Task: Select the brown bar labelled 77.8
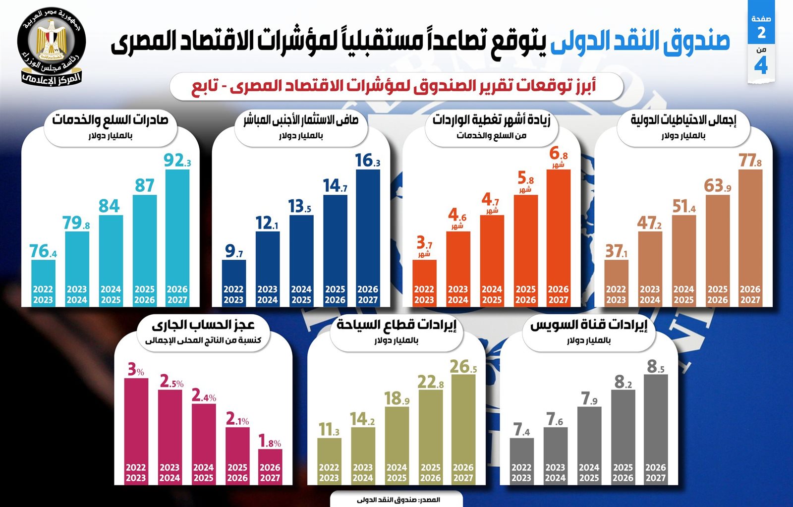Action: (x=750, y=233)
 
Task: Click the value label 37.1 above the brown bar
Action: (x=616, y=251)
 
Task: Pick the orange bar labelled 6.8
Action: (x=559, y=233)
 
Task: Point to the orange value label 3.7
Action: (x=424, y=244)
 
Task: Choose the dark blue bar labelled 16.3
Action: (x=368, y=233)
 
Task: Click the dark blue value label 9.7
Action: (x=233, y=251)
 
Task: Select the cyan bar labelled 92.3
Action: (x=177, y=233)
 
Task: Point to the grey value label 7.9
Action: (x=589, y=398)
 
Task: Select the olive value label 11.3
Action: (x=329, y=430)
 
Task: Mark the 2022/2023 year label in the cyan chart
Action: (x=43, y=294)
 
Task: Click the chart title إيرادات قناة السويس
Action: (x=589, y=326)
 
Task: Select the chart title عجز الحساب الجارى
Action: (x=203, y=326)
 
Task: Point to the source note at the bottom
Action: (x=398, y=500)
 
